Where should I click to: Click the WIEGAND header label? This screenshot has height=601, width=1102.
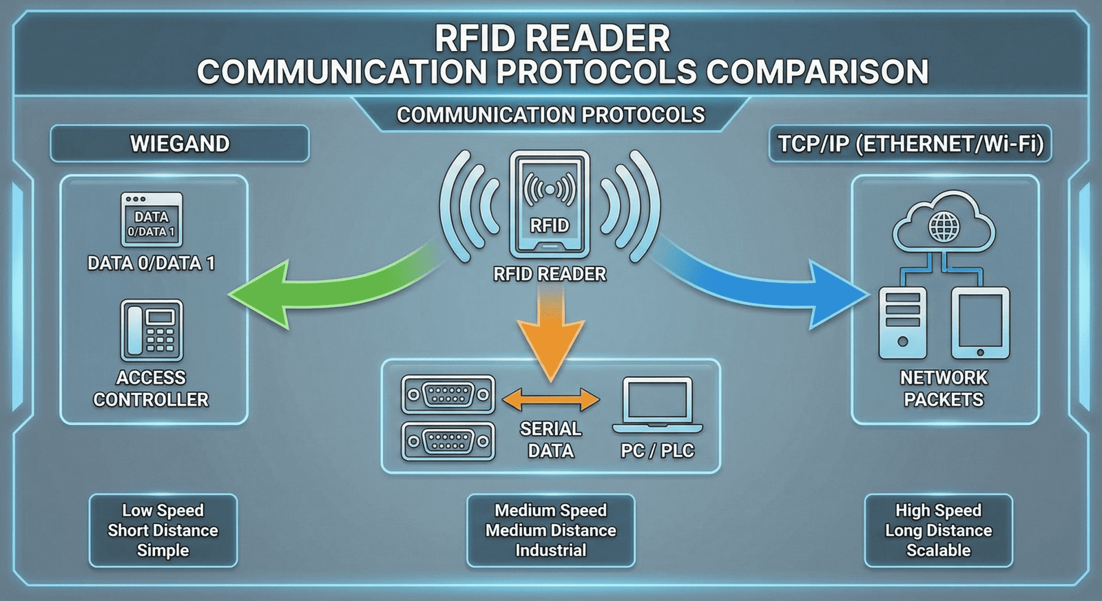coord(180,144)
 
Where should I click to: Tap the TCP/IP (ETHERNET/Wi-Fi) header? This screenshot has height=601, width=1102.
coord(910,144)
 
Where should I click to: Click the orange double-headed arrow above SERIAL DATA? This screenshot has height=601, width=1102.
coord(550,399)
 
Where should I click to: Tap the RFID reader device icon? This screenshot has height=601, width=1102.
coord(549,204)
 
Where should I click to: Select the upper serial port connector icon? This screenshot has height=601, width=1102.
coord(448,395)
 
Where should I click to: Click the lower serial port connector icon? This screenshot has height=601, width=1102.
coord(448,441)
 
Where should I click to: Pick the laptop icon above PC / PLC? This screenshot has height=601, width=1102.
coord(657,405)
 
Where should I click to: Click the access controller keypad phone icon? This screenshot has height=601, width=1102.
coord(152,330)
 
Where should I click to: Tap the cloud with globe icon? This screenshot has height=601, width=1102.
coord(944,223)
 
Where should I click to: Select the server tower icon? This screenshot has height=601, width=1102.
coord(902,323)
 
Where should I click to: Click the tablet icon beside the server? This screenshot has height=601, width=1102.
coord(980,323)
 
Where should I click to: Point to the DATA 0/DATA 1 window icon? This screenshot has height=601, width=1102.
coord(152,220)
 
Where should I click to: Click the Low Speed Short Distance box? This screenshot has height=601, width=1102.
coord(163,530)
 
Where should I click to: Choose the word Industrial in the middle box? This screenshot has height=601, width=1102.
coord(550,550)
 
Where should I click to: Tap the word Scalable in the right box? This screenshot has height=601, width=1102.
coord(938,550)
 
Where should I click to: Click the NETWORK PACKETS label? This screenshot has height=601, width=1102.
coord(944,388)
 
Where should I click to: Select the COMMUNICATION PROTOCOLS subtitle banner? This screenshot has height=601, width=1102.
coord(550,115)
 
